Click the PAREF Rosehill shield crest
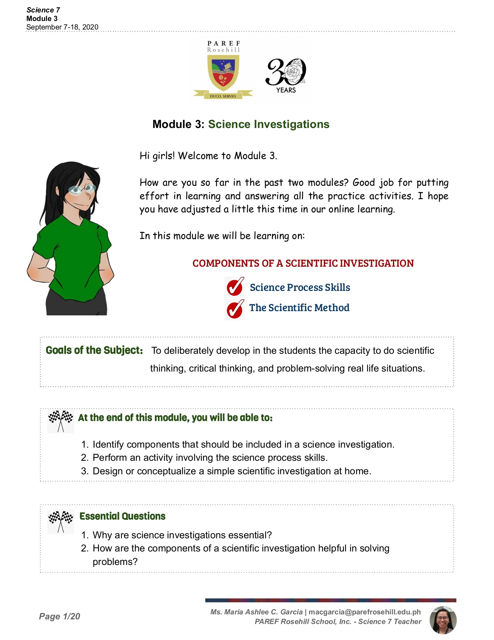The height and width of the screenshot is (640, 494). point(223,73)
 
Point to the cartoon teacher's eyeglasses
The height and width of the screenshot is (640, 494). point(82,189)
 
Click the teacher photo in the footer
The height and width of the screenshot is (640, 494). point(443,620)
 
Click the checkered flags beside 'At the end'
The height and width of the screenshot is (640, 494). point(61,421)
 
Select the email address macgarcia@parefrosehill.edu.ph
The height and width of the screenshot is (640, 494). point(365,612)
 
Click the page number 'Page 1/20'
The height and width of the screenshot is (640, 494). point(60,616)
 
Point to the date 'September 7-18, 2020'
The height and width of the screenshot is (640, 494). point(62,27)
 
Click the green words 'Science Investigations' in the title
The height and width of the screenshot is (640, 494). point(268,124)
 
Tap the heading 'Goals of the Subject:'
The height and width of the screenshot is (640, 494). point(94,350)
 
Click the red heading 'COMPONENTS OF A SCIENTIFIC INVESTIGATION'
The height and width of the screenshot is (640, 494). point(303,263)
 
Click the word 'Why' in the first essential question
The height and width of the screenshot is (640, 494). point(102,535)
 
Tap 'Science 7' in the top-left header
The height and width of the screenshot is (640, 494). point(43,10)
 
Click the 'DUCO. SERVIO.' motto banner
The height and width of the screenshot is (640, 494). point(223,96)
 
